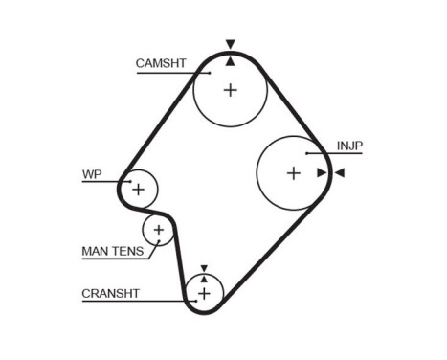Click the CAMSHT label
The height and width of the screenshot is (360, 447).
click(x=160, y=63)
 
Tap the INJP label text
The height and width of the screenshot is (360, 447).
click(x=349, y=146)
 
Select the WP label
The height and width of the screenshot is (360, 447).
click(x=92, y=174)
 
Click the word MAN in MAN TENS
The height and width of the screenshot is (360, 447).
click(x=96, y=252)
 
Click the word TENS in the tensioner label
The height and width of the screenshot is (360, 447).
click(x=128, y=252)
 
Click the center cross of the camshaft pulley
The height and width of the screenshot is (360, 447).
click(x=230, y=90)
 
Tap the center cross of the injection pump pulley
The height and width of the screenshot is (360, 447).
click(x=293, y=172)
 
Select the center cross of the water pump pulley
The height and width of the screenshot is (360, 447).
click(x=138, y=189)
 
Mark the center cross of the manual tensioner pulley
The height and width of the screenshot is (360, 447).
click(x=159, y=230)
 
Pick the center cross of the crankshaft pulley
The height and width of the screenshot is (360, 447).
click(x=203, y=292)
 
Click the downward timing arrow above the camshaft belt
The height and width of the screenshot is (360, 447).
click(x=230, y=44)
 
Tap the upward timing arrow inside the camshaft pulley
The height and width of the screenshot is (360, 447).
click(x=230, y=61)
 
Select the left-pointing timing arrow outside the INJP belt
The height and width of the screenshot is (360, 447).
click(x=339, y=172)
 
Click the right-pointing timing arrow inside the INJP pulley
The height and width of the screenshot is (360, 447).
click(x=321, y=172)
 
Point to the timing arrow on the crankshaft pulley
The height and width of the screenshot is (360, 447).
click(x=203, y=273)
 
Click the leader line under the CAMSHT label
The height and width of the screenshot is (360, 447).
click(x=172, y=73)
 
